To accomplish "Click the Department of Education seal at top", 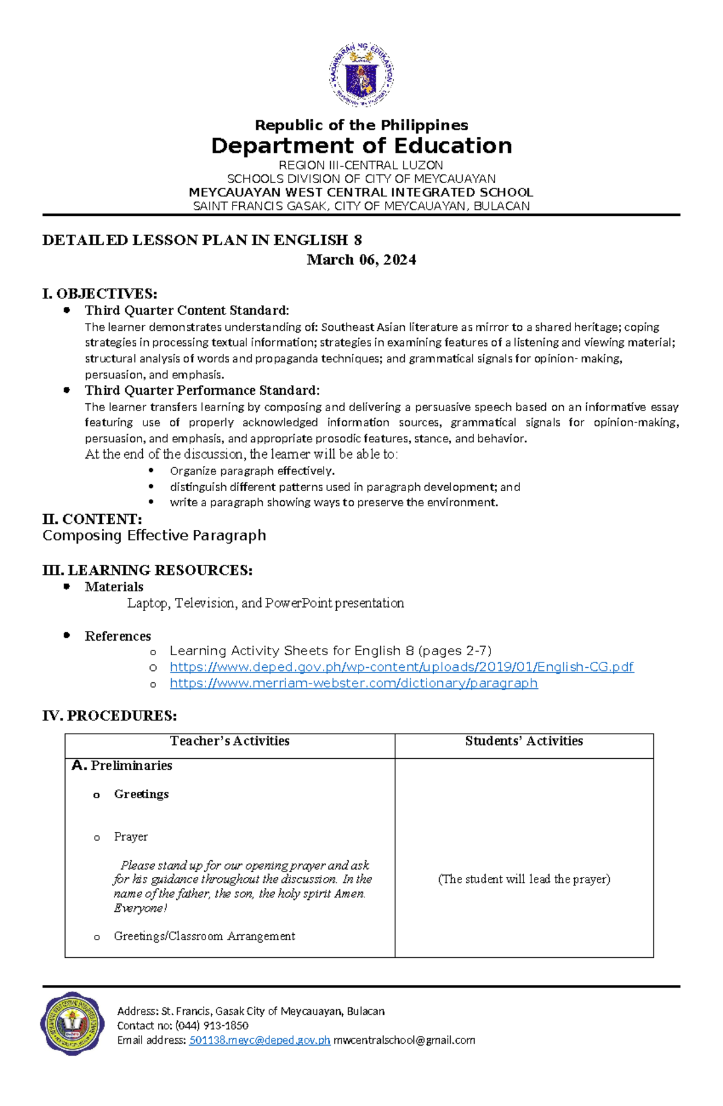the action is (x=361, y=74).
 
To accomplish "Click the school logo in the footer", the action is (x=72, y=1023).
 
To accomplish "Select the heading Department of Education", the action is (x=361, y=146).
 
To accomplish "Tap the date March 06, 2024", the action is (x=361, y=260).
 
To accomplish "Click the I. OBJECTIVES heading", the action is (x=99, y=294).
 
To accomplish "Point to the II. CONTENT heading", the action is (x=92, y=520).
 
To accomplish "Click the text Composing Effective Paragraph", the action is (x=154, y=536).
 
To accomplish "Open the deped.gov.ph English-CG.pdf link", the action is (x=401, y=667).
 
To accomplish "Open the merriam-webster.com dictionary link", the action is (x=354, y=683).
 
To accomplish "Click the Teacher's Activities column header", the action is (x=230, y=741).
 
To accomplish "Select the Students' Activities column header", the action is (x=524, y=741).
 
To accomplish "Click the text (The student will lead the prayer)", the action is (x=524, y=879).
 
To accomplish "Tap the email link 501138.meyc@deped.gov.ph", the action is (x=260, y=1040).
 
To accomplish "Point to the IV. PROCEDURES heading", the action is (x=109, y=716).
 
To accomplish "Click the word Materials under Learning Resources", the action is (x=114, y=587).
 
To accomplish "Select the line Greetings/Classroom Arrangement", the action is (x=204, y=937).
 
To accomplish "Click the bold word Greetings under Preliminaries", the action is (x=141, y=794).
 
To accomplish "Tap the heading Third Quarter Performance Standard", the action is (x=202, y=391).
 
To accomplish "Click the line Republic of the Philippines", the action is (x=361, y=125).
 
